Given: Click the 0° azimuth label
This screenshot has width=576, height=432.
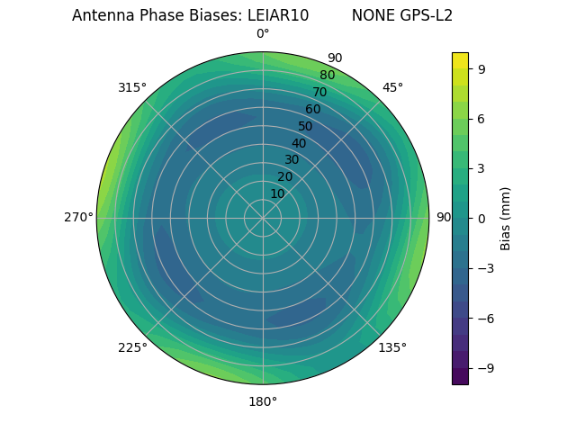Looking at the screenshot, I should click(x=263, y=34).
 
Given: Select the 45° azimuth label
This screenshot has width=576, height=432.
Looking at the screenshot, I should click(x=392, y=87).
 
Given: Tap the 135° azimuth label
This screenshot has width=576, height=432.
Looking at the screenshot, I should click(x=392, y=347).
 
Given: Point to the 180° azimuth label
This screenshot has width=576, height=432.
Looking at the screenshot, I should click(x=263, y=401).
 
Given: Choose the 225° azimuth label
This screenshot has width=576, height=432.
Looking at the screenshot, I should click(x=132, y=347).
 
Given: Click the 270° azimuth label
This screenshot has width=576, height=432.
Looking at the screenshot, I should click(x=78, y=218).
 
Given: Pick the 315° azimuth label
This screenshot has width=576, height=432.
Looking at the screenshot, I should click(x=132, y=87).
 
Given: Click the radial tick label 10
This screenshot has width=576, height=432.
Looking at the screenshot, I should click(x=277, y=193).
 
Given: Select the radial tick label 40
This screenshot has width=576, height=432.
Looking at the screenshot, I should click(x=299, y=143).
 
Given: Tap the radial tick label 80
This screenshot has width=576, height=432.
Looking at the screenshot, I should click(x=327, y=76).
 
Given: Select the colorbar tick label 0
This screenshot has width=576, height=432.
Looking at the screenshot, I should click(x=481, y=218).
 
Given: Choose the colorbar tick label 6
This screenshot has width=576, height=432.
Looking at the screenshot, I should click(x=481, y=118).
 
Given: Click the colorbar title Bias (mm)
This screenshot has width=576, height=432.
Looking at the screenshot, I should click(x=506, y=218).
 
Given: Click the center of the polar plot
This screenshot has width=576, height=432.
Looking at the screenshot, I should click(x=263, y=218).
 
